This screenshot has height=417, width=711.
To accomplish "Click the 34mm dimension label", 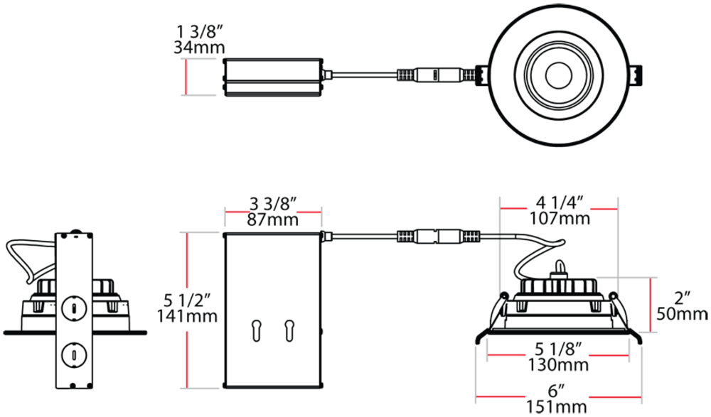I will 199,48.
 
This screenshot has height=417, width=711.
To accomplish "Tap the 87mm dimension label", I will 272,219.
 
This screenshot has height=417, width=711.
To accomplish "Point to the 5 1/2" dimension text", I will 188,299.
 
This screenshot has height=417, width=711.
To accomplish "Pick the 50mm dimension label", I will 683,313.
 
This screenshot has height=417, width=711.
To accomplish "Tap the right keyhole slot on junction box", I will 289,330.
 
